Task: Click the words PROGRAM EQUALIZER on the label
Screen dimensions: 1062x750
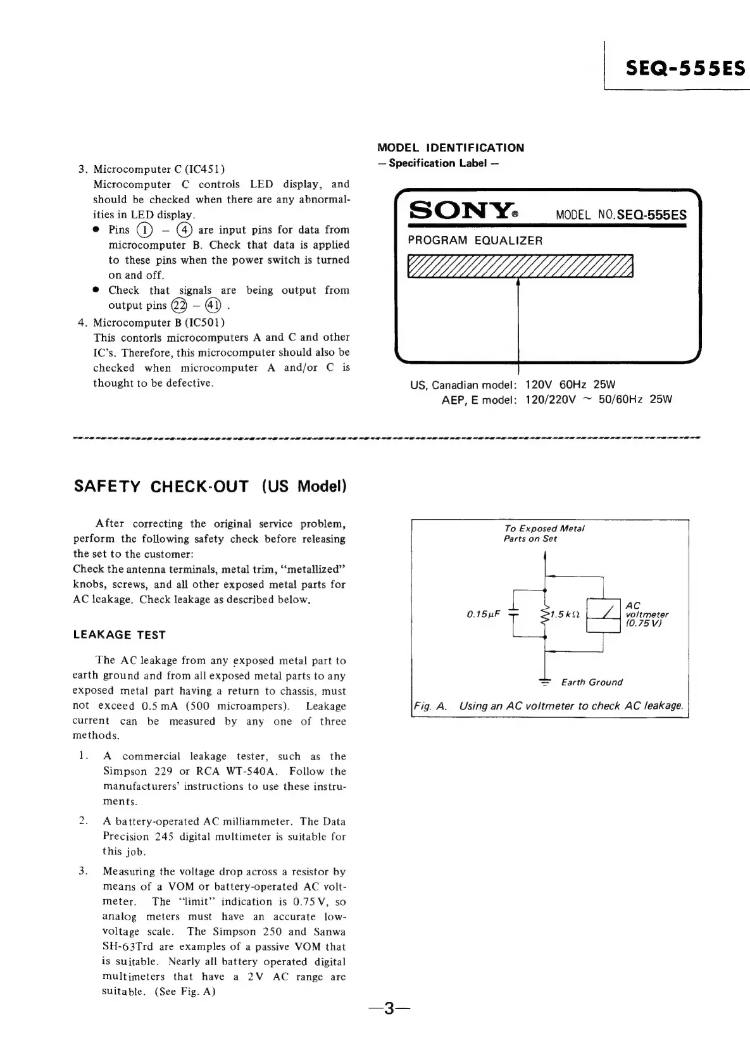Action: tap(475, 241)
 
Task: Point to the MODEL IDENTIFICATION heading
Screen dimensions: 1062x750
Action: tap(451, 148)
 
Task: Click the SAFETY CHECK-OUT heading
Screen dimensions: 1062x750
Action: tap(210, 486)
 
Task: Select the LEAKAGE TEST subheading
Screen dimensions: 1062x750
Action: tap(120, 635)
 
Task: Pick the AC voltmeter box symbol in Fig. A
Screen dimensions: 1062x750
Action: tap(603, 615)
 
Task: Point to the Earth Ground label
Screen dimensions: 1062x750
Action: tap(592, 682)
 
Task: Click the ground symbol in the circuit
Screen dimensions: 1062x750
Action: tap(544, 681)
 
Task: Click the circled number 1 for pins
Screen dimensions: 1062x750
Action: tap(146, 230)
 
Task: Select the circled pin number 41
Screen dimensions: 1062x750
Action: tap(213, 306)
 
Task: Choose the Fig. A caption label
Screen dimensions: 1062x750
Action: tap(430, 706)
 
